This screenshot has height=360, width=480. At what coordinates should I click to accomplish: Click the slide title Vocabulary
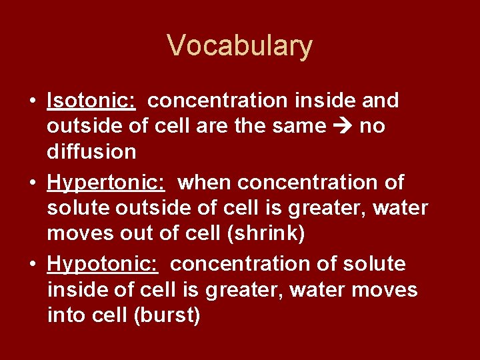(x=239, y=46)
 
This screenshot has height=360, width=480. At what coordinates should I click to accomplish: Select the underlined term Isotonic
(x=92, y=101)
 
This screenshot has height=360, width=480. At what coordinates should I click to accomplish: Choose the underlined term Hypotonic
(x=103, y=264)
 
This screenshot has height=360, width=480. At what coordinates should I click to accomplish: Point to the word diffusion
(x=91, y=151)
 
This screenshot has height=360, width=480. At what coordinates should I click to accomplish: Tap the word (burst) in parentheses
(x=167, y=315)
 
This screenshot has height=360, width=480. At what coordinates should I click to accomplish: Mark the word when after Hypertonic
(x=205, y=182)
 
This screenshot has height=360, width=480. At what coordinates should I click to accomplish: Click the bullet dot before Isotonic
(x=32, y=101)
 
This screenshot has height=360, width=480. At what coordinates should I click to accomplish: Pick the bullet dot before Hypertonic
(x=32, y=183)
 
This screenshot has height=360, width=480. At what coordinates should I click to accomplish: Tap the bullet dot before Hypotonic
(x=32, y=265)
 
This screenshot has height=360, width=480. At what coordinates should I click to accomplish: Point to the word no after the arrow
(x=372, y=126)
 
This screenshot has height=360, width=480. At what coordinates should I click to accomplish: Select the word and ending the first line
(x=380, y=101)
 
